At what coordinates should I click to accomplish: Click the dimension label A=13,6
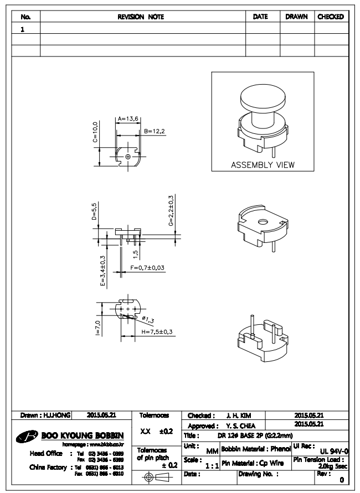click(128, 118)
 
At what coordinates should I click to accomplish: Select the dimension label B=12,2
click(155, 131)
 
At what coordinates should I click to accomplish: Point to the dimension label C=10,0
click(95, 133)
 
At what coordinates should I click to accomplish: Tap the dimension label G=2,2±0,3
click(171, 210)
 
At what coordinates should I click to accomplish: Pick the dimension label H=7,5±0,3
click(157, 331)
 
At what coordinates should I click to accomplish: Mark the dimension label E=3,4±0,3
click(102, 269)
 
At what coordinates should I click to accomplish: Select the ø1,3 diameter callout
click(148, 319)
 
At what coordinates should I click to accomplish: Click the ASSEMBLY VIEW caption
click(263, 164)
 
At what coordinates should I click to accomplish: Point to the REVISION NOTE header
click(143, 17)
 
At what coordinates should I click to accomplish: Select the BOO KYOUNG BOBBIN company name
click(84, 435)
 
